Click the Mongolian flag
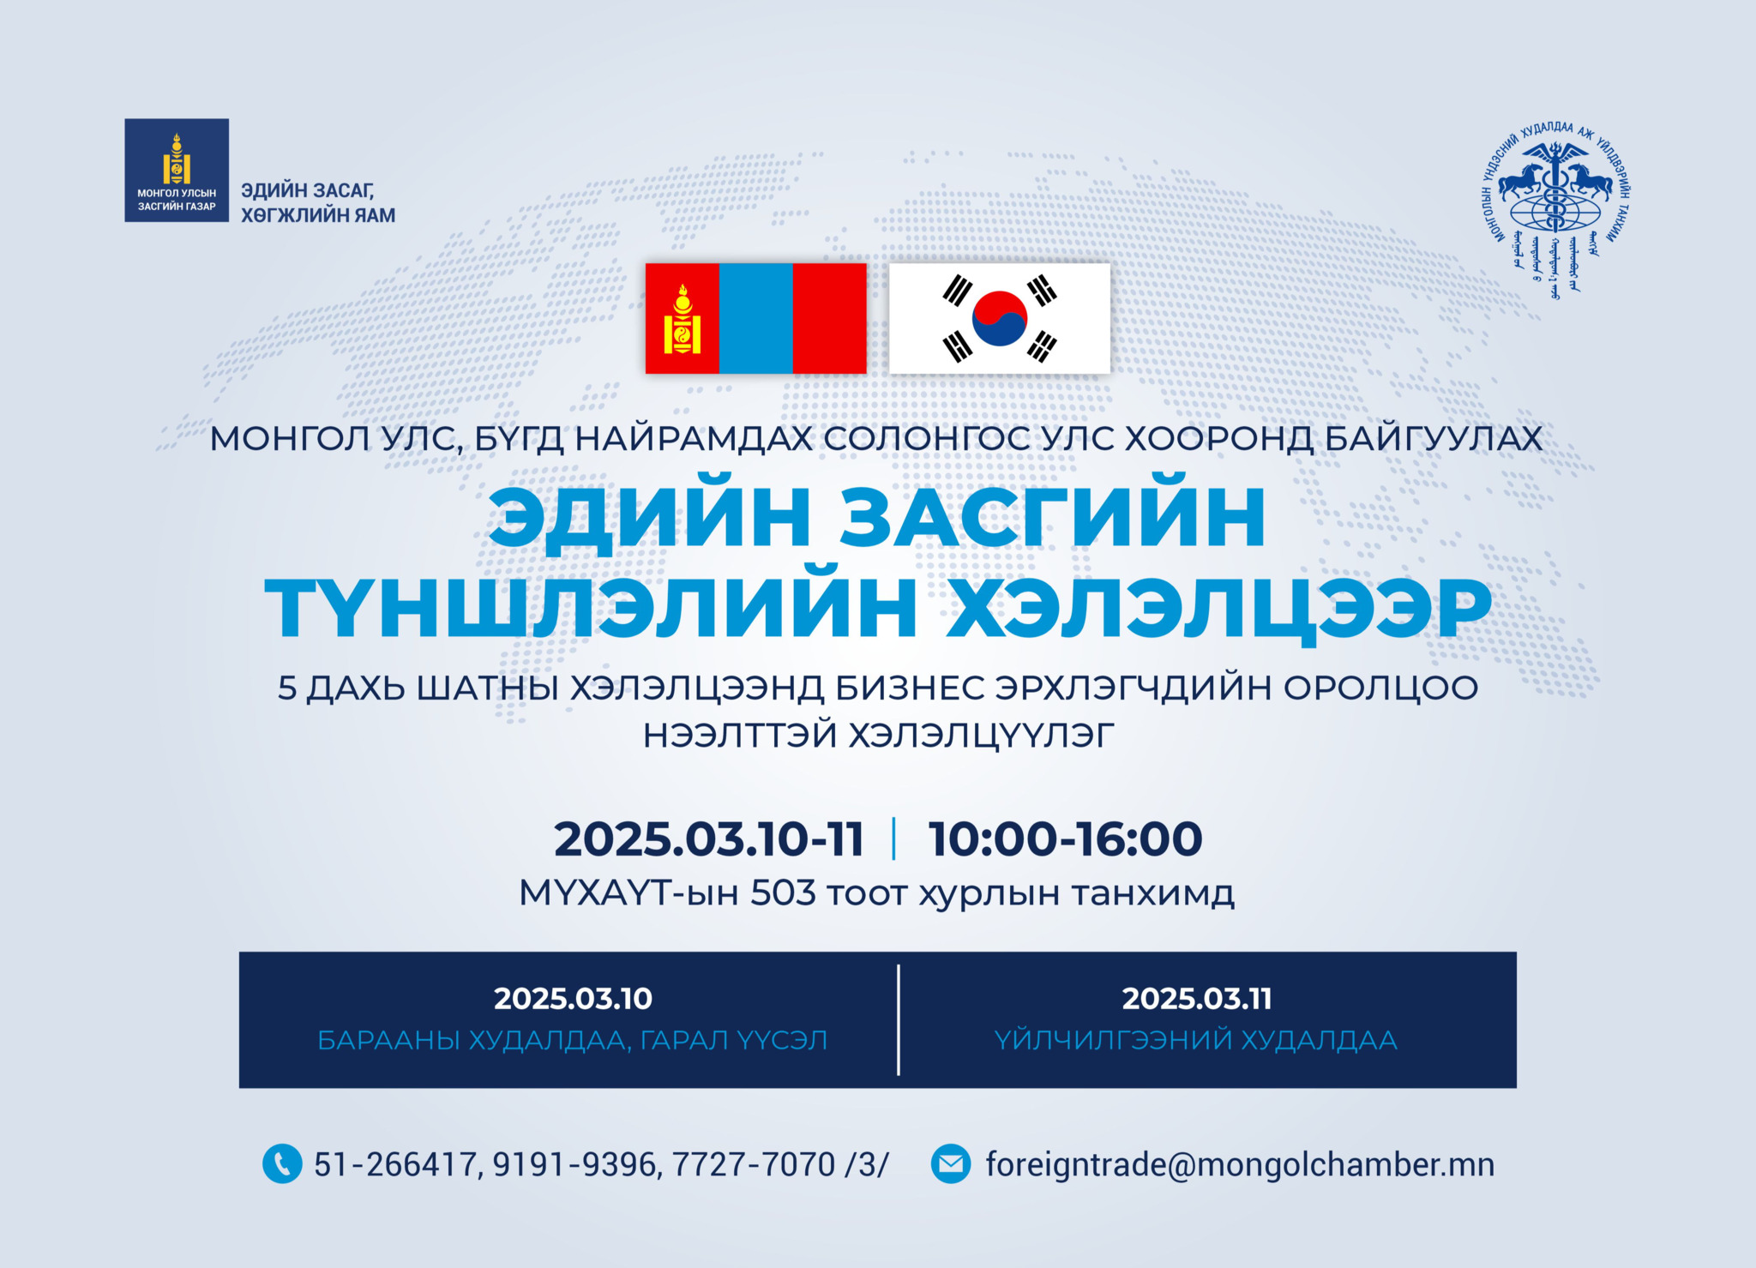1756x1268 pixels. point(755,318)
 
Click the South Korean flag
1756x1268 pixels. point(1000,318)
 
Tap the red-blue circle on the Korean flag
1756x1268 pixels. point(1000,318)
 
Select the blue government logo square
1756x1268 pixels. point(177,171)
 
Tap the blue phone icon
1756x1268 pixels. point(282,1164)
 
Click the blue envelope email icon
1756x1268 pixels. point(951,1164)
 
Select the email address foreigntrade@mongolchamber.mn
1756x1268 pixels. point(1240,1164)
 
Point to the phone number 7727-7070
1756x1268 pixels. point(754,1164)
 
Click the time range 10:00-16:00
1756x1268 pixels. point(1065,838)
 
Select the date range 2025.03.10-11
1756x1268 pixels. point(709,838)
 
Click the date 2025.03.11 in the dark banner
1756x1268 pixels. point(1197,998)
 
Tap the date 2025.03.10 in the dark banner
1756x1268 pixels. point(573,998)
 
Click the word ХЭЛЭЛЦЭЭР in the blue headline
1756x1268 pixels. point(1218,610)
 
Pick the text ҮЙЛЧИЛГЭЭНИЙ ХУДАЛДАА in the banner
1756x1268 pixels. point(1196,1040)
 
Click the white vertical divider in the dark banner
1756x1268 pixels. point(899,1019)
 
